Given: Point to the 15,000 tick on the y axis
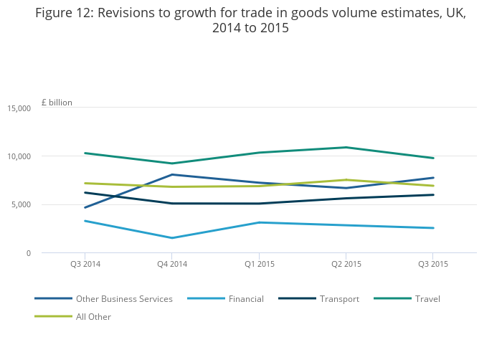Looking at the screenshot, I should click(x=19, y=108).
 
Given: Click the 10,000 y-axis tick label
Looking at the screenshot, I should click(x=19, y=156).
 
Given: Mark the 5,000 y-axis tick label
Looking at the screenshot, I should click(x=21, y=205).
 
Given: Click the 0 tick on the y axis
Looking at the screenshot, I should click(x=28, y=253).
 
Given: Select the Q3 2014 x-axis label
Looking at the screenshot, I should click(x=85, y=264).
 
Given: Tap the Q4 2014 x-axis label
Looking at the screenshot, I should click(x=172, y=264).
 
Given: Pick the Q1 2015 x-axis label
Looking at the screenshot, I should click(x=259, y=264).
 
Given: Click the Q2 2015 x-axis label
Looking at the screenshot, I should click(x=346, y=264).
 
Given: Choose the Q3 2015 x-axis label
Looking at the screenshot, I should click(x=432, y=264).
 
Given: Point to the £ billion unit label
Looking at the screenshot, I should click(x=57, y=103).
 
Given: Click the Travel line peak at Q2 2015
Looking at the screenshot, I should click(x=346, y=148).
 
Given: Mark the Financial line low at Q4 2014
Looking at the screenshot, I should click(x=172, y=238).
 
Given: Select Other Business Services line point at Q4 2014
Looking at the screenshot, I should click(x=172, y=174).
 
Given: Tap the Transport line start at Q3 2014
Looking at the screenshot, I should click(x=85, y=192).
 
